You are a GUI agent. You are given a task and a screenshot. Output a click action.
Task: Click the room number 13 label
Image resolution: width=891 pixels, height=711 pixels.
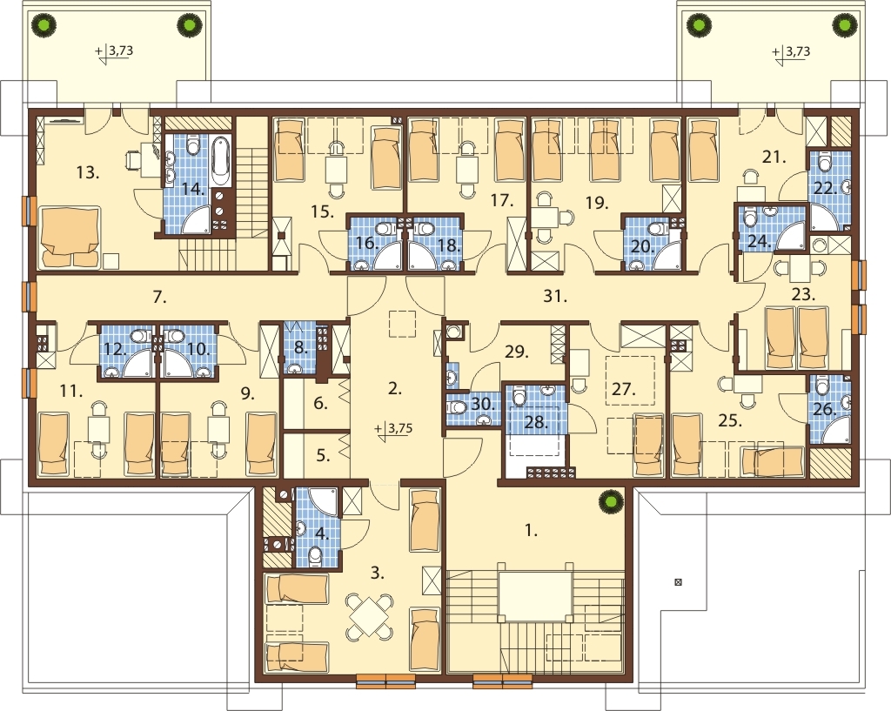pyautogui.click(x=88, y=172)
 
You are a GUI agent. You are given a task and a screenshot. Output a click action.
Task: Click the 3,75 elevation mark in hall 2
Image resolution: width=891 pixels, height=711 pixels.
pyautogui.click(x=394, y=429)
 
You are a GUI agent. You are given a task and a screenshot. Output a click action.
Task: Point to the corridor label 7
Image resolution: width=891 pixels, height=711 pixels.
pyautogui.click(x=159, y=296)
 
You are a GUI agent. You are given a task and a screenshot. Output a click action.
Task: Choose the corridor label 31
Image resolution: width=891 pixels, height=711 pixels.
pyautogui.click(x=555, y=296)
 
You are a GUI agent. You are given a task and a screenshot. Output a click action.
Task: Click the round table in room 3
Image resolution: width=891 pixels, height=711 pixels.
pyautogui.click(x=370, y=616)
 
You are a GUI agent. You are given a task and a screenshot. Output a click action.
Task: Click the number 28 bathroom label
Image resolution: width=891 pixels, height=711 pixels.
pyautogui.click(x=537, y=422)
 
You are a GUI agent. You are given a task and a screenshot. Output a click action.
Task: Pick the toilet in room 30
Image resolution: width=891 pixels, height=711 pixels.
pyautogui.click(x=457, y=407)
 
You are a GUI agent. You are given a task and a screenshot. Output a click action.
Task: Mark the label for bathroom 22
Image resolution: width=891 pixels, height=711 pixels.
pyautogui.click(x=826, y=188)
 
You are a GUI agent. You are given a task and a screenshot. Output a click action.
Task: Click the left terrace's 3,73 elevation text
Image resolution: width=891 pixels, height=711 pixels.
pyautogui.click(x=120, y=50)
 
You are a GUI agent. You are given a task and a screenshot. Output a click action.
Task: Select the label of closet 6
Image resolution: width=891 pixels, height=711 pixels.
pyautogui.click(x=320, y=404)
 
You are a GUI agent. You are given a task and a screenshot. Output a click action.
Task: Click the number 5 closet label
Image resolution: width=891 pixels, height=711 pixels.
pyautogui.click(x=323, y=455)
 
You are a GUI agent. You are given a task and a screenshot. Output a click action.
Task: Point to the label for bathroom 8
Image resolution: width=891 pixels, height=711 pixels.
pyautogui.click(x=300, y=347)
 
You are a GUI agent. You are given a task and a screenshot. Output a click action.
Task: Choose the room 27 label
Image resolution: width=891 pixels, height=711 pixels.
pyautogui.click(x=623, y=389)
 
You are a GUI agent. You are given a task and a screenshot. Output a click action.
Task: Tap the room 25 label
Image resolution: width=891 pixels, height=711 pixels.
pyautogui.click(x=730, y=421)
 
